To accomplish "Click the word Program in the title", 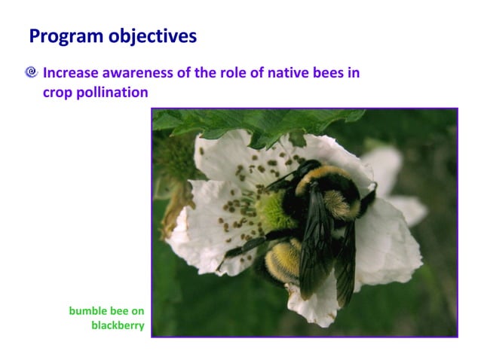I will click(x=60, y=35).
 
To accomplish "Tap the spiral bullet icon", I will click(x=31, y=73).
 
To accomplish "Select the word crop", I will click(x=58, y=92).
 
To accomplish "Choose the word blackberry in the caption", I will click(x=118, y=325).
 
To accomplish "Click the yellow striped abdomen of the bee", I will click(x=284, y=261).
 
